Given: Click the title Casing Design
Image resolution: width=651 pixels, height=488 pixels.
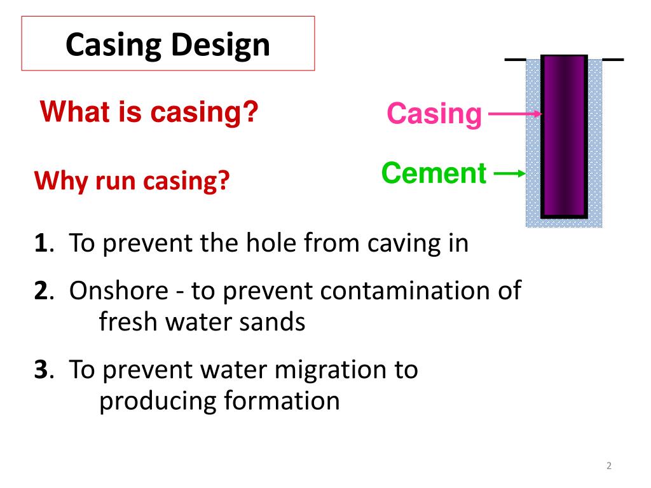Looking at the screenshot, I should coord(168,45).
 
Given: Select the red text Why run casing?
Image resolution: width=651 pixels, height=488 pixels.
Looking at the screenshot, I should coord(132,182).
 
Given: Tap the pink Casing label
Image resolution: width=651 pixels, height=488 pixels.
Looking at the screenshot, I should coord(434,114).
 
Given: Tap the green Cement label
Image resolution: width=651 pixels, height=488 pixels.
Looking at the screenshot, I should coord(434,172).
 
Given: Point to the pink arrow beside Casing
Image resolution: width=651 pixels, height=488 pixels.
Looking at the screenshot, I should coord(512,114).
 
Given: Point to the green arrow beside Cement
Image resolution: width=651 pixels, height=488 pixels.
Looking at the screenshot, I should coord(509,173).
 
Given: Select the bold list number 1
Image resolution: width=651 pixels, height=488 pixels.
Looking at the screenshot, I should coord(40,243).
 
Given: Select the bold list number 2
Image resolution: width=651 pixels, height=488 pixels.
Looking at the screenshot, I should coord(41,291).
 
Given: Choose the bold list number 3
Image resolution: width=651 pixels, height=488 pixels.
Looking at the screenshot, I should coord(41,370).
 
